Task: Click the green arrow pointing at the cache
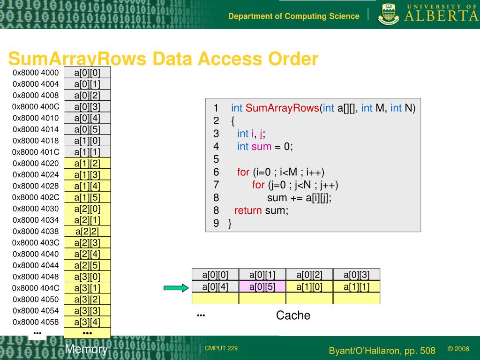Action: (175, 288)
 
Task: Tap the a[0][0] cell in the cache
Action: (215, 275)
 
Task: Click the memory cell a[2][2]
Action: (87, 232)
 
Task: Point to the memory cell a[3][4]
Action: (87, 322)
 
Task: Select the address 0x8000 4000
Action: (36, 73)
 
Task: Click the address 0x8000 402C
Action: (36, 197)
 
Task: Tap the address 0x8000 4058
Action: (36, 322)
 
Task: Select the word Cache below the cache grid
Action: (293, 315)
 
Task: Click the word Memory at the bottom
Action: (86, 349)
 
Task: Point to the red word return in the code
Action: (247, 210)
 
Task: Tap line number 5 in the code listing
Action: (216, 159)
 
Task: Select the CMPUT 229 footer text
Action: (221, 348)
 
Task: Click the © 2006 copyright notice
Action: (458, 349)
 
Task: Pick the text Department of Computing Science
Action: (294, 16)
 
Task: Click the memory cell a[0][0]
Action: (87, 73)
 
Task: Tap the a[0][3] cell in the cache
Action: (356, 275)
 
